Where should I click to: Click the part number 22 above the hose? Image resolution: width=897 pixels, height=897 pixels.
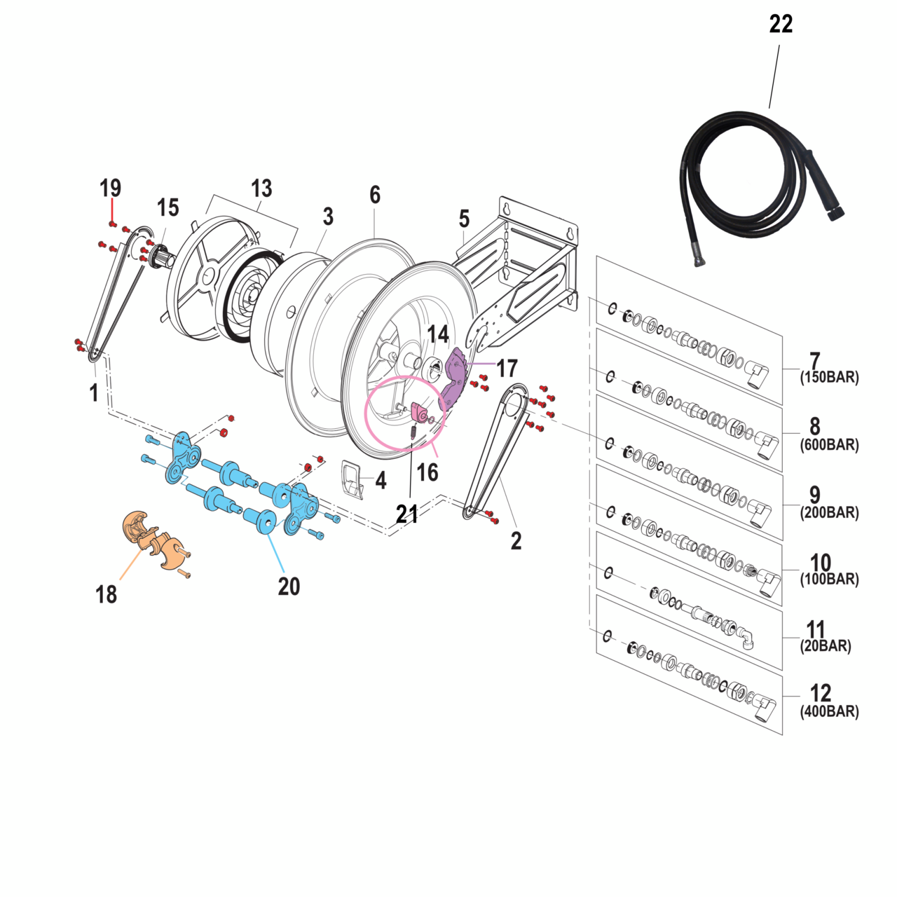click(781, 24)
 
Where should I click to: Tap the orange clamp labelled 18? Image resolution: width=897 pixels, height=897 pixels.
click(154, 540)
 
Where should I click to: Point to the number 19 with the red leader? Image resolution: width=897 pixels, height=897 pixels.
click(110, 188)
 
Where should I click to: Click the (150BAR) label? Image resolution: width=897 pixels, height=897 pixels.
click(829, 378)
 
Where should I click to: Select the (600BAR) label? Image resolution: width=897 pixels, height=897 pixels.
click(829, 445)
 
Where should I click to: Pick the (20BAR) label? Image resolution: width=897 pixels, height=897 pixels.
click(826, 646)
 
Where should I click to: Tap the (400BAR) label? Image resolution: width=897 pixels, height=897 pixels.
click(829, 712)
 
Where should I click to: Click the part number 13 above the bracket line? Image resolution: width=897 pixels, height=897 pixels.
click(261, 189)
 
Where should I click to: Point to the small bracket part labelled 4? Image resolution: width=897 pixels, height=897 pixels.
click(352, 480)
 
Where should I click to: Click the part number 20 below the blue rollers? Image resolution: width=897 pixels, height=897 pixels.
click(289, 586)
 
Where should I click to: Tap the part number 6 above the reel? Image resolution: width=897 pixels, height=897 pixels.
click(375, 195)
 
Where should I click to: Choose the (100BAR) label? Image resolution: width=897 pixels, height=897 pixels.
click(829, 580)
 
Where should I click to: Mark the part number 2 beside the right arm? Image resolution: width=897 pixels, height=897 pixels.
click(516, 540)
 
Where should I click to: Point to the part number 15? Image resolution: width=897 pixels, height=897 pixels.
click(167, 207)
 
